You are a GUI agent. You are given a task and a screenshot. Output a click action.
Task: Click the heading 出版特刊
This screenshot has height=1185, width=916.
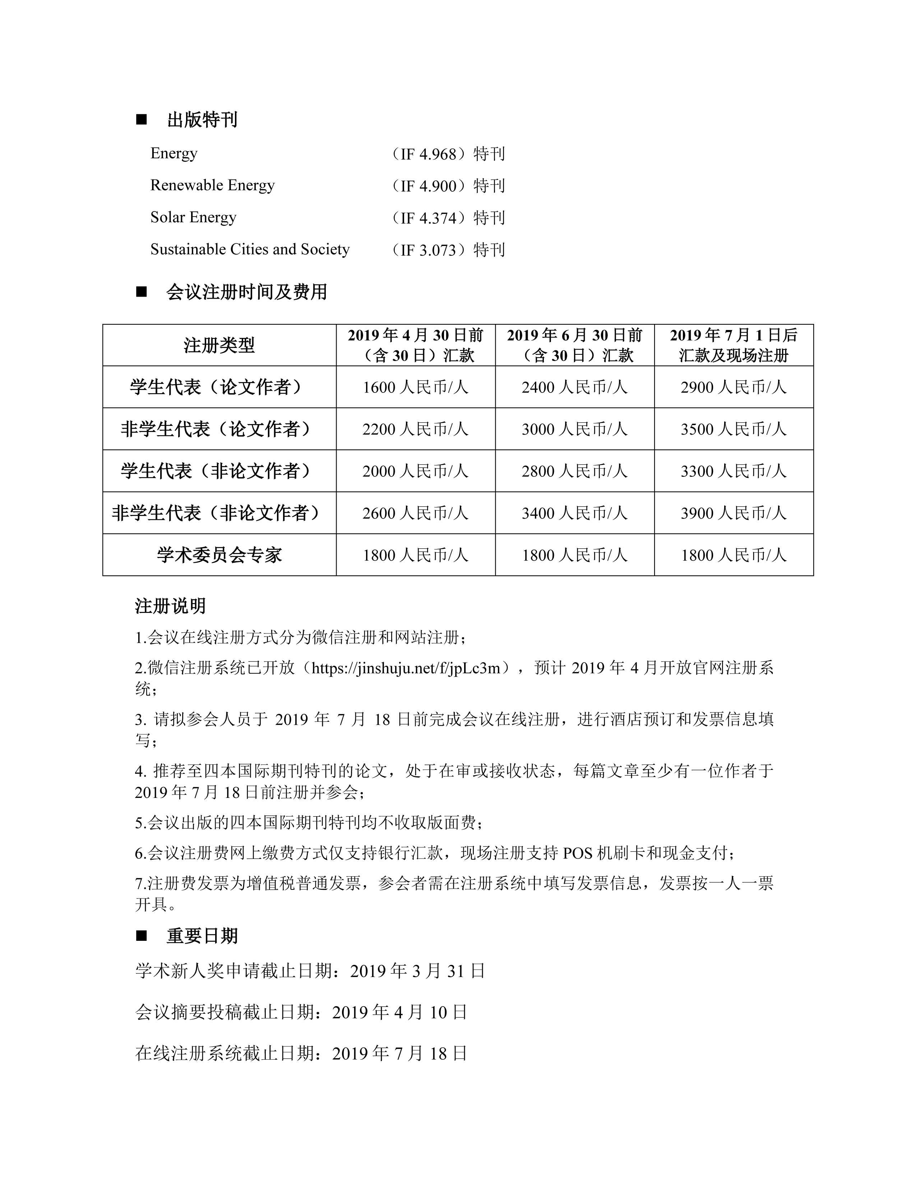(202, 120)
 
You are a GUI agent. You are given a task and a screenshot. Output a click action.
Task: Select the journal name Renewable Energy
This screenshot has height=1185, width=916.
(212, 186)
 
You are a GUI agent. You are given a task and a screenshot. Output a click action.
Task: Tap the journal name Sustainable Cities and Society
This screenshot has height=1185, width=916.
(250, 250)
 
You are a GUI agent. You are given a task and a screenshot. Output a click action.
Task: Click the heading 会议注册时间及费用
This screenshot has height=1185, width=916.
(246, 292)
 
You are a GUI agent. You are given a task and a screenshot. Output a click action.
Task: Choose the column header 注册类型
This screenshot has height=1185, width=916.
(219, 345)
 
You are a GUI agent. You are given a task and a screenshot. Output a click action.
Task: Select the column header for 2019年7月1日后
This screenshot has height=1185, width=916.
(733, 345)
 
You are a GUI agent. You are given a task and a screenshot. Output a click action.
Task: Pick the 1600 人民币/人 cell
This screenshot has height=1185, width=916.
(415, 387)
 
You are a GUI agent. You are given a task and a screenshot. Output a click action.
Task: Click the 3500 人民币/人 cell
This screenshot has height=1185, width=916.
(733, 429)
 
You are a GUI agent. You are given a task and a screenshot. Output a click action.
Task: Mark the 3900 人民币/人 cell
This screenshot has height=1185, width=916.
(733, 513)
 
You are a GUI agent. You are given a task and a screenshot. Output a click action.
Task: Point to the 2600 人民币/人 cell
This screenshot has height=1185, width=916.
(415, 513)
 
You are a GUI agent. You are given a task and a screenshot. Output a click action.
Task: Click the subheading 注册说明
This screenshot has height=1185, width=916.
(170, 606)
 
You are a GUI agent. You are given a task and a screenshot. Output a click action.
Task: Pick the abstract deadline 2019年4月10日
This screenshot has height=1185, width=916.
(399, 1013)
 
